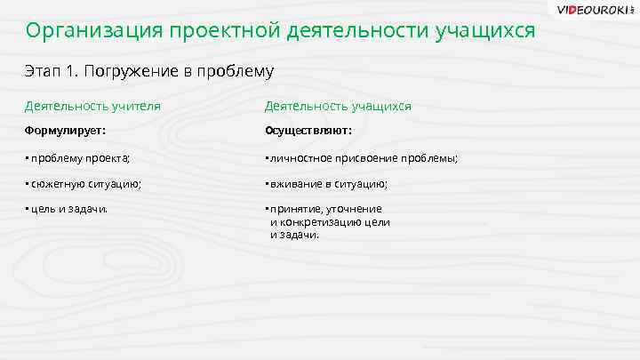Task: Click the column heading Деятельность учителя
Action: pos(92,106)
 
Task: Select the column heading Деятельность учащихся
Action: pos(338,106)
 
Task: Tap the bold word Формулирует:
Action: pos(65,131)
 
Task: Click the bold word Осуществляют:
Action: pos(308,131)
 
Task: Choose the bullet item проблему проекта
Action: pos(78,158)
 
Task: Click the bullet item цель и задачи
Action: pos(68,210)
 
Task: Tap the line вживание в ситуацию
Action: pos(327,184)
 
